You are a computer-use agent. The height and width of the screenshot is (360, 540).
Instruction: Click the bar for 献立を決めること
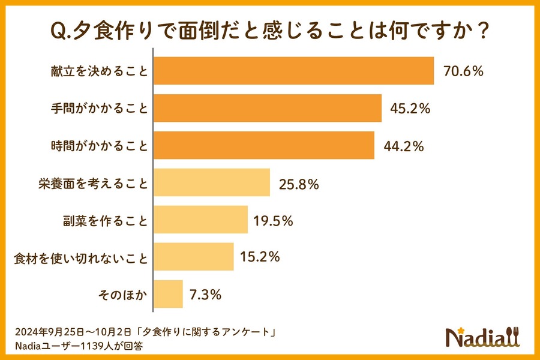(294, 71)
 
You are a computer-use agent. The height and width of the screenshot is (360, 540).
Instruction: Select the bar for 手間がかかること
(268, 108)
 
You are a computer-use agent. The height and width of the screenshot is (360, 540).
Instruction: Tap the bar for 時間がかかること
(265, 145)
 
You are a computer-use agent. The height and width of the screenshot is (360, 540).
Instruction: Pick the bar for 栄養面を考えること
(212, 183)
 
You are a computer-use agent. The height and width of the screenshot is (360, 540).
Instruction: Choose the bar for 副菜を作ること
(201, 220)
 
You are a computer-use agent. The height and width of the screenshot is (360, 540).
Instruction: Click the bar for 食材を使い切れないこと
(194, 257)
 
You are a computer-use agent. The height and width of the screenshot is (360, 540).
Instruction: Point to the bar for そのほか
(169, 294)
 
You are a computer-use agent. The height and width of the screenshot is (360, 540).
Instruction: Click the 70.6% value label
(463, 71)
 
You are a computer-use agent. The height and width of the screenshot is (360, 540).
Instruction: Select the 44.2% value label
(404, 146)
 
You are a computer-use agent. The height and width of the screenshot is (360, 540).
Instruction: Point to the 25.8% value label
(298, 184)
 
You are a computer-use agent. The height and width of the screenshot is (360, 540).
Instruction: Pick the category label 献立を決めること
(98, 71)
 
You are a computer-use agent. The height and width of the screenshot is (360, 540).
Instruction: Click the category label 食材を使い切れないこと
(80, 257)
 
